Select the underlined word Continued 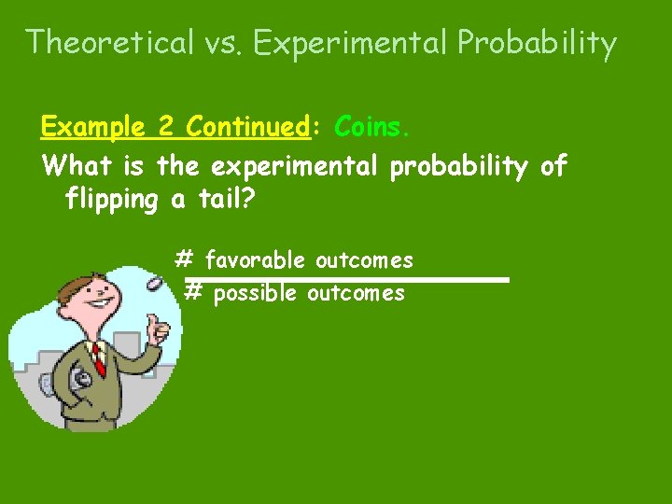247,125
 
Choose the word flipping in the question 114,199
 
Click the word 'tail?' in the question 219,199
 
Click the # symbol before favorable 185,259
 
